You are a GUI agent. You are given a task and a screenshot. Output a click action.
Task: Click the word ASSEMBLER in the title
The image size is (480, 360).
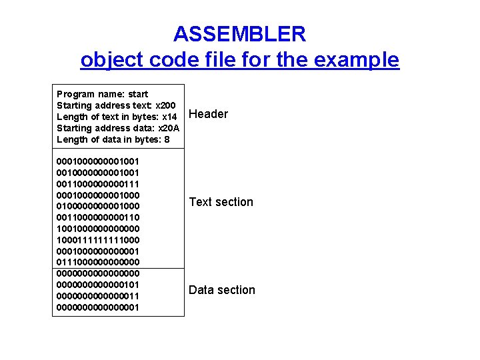[239, 33]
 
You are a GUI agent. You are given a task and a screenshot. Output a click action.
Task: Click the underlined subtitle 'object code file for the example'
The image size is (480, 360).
[239, 60]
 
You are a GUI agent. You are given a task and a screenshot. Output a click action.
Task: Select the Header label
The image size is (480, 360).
[208, 114]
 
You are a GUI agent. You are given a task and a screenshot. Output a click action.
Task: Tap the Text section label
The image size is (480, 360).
[221, 202]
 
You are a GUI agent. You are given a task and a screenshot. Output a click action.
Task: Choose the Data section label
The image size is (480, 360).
[221, 290]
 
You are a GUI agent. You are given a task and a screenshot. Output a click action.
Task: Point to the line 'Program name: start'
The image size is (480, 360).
[103, 94]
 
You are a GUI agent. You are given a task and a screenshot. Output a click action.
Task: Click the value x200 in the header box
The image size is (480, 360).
[165, 105]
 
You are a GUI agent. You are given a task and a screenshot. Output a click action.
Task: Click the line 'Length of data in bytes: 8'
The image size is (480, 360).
[109, 139]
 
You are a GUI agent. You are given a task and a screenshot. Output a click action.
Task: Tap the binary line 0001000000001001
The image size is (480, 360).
[98, 161]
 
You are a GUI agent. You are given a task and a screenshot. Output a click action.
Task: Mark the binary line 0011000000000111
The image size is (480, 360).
[98, 183]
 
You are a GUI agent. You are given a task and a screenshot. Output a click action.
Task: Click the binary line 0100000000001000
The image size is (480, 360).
[98, 206]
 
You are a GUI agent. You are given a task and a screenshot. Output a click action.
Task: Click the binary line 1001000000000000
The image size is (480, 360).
[98, 229]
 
